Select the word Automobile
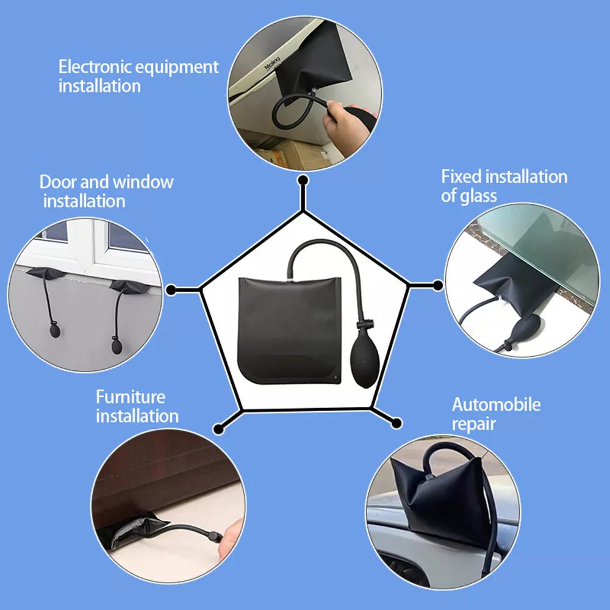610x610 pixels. click(x=496, y=404)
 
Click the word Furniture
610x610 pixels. click(x=131, y=397)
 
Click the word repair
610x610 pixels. click(x=474, y=424)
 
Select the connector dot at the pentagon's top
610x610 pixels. click(x=303, y=180)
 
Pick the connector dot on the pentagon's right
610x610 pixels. click(x=437, y=285)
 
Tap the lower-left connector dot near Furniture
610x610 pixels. click(x=218, y=427)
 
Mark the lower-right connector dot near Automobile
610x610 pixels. click(x=395, y=422)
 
